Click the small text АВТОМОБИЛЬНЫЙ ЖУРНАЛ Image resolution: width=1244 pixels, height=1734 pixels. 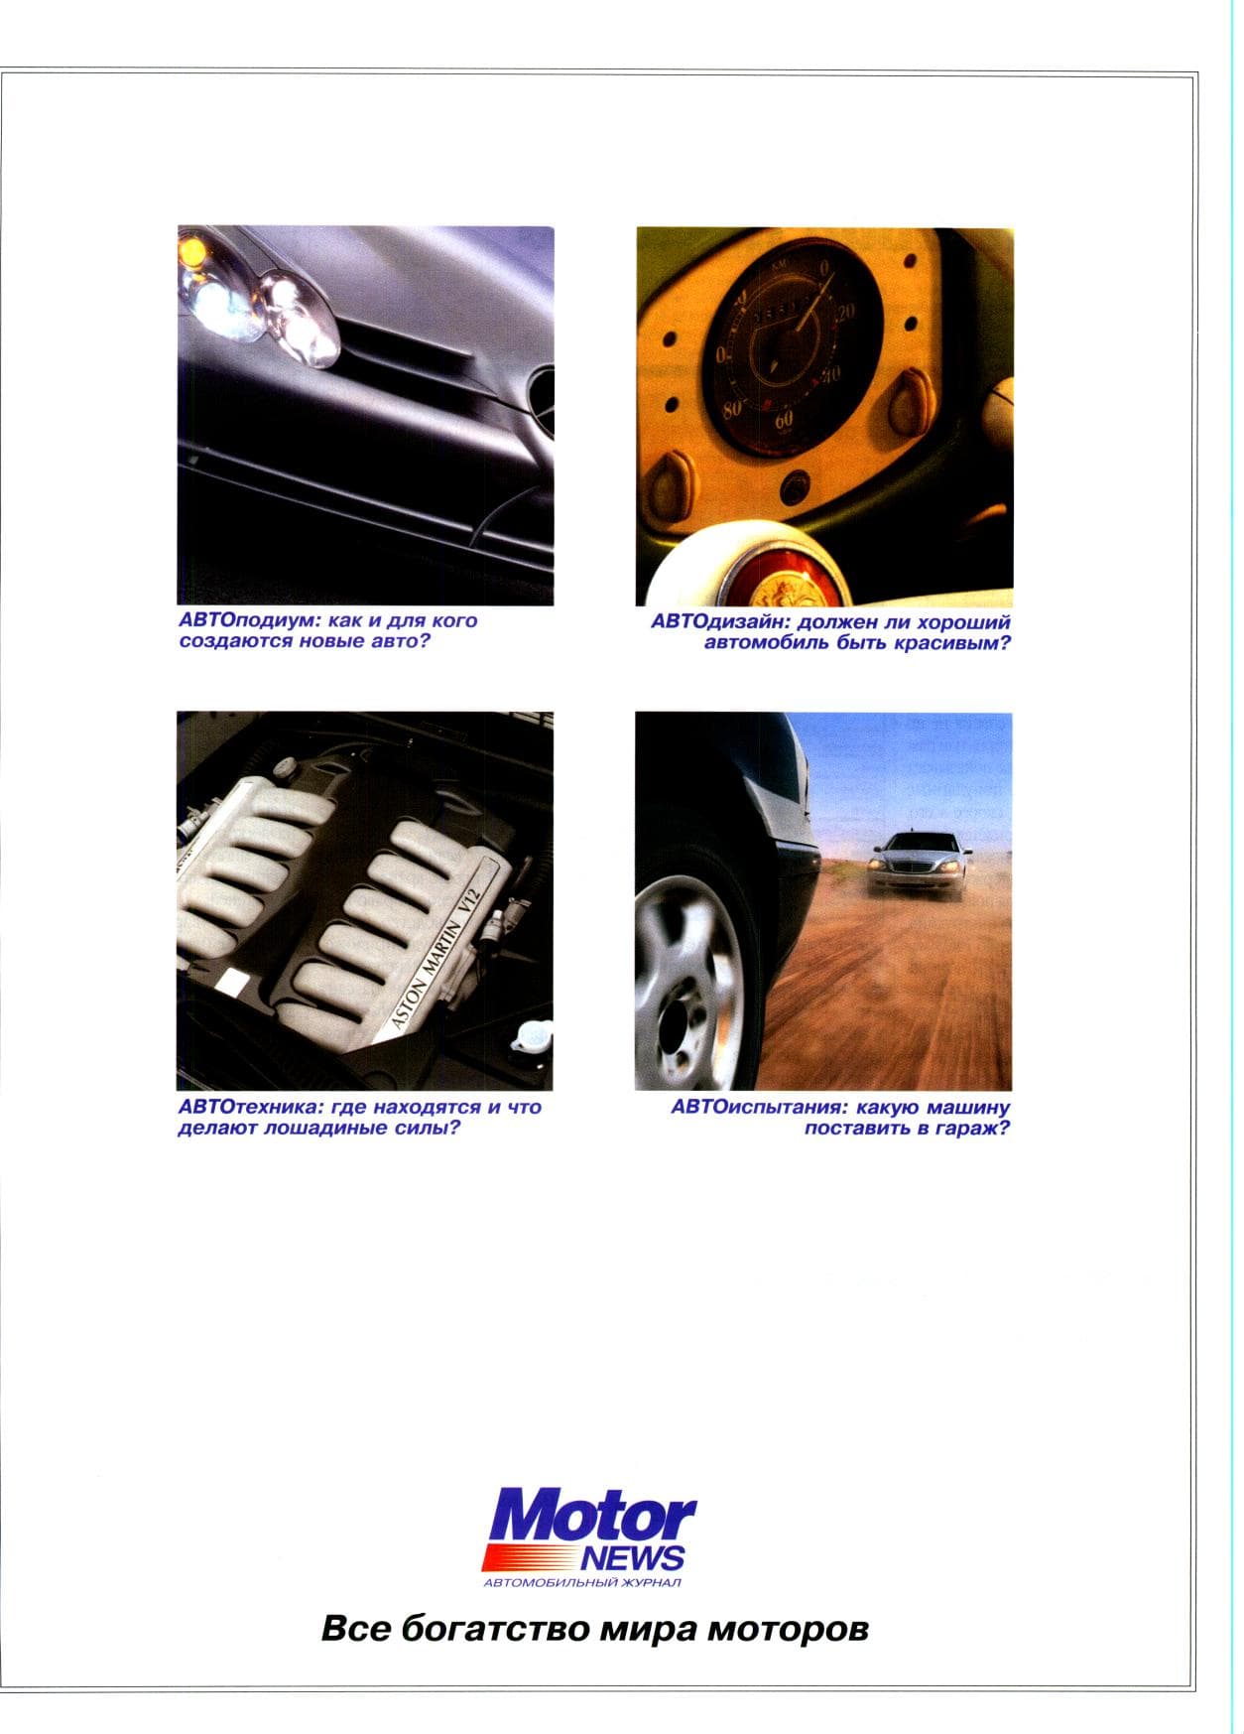(581, 1582)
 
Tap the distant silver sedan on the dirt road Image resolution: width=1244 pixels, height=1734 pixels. (917, 865)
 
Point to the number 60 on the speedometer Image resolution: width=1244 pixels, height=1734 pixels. (784, 420)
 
